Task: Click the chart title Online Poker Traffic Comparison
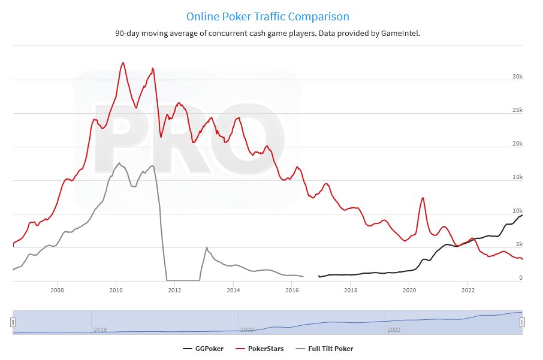point(267,16)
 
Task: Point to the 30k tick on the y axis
point(517,77)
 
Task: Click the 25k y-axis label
point(517,110)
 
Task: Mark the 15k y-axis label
point(517,177)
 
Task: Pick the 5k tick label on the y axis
point(518,244)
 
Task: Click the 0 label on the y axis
point(521,278)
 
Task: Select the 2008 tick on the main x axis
point(58,291)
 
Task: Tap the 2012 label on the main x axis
point(175,291)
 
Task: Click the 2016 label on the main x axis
point(292,291)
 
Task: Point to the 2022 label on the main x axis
point(468,291)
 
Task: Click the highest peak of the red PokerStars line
point(123,62)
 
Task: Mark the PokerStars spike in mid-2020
point(423,198)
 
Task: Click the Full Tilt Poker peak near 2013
point(206,247)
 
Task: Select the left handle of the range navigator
point(13,322)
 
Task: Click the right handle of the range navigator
point(522,322)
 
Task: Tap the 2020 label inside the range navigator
point(247,329)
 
